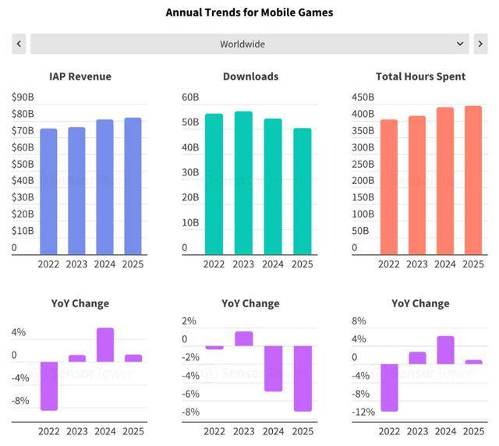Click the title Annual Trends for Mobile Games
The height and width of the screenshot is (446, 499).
tap(249, 12)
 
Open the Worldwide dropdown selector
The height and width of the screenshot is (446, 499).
tap(249, 44)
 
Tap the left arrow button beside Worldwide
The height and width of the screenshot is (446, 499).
tap(19, 44)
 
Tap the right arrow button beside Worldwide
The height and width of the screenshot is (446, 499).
tap(480, 44)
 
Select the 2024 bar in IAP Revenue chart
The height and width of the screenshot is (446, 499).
tap(104, 187)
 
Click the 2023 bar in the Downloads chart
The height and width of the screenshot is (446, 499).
tap(243, 183)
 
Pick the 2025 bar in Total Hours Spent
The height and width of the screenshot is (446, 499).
tap(473, 180)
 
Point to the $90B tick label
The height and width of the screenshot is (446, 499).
tap(23, 97)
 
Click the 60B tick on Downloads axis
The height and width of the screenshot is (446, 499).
tap(190, 97)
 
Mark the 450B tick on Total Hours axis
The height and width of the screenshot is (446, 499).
tap(362, 97)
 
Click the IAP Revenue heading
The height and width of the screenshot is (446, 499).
tap(80, 76)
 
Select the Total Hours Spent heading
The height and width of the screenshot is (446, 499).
tap(420, 76)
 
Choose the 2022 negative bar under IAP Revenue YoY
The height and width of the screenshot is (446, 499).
tap(49, 386)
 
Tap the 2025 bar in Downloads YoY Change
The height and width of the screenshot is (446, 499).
tap(303, 378)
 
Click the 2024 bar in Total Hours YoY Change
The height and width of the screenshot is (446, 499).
tap(445, 350)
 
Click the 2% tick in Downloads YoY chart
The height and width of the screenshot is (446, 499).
tap(189, 321)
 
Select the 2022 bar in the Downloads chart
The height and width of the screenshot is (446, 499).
tap(214, 184)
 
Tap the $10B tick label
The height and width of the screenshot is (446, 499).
tap(23, 231)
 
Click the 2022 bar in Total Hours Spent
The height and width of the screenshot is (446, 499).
tap(389, 187)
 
